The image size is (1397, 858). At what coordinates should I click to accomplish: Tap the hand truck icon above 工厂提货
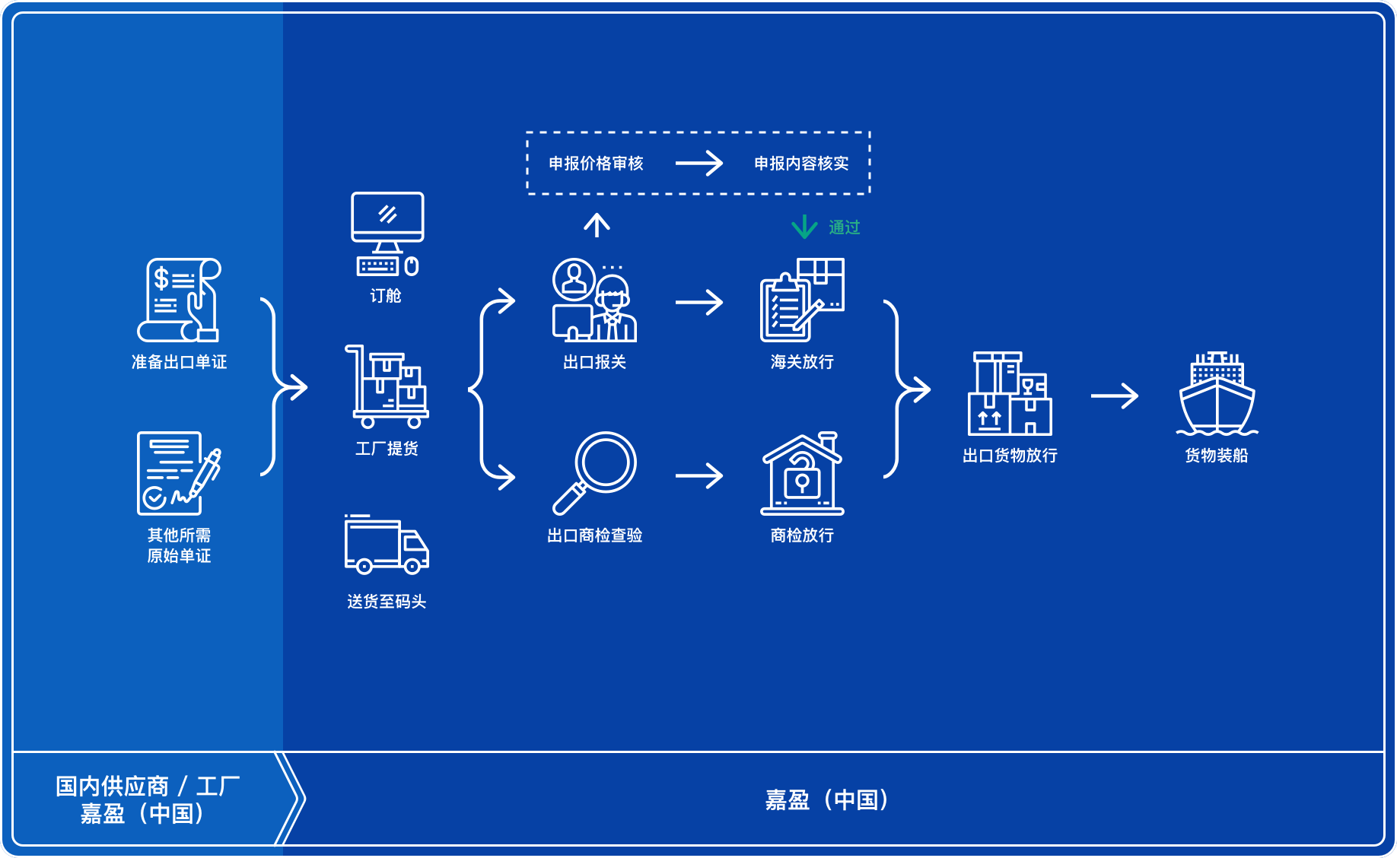(x=387, y=386)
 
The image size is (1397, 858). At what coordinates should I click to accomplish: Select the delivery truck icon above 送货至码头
(x=387, y=545)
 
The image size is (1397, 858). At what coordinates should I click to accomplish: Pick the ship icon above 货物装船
(x=1217, y=394)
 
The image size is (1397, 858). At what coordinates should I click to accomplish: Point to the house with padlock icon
(x=803, y=474)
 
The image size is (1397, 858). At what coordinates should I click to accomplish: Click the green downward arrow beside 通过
(x=804, y=227)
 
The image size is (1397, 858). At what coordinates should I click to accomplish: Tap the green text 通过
(x=845, y=227)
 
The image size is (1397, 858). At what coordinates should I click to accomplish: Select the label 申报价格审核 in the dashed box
(x=596, y=164)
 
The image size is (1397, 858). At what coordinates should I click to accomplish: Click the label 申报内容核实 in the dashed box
(x=801, y=164)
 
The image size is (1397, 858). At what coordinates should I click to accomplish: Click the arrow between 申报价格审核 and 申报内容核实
(x=698, y=163)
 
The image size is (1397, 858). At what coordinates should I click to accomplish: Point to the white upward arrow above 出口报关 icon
(x=597, y=225)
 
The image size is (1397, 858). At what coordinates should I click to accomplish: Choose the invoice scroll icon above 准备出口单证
(x=180, y=300)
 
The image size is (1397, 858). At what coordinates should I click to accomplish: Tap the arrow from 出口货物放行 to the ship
(x=1114, y=396)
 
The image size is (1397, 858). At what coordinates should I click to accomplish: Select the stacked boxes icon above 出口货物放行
(x=1010, y=394)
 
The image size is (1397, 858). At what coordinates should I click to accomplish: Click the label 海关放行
(x=802, y=362)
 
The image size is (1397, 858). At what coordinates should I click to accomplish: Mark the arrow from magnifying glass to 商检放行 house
(x=698, y=476)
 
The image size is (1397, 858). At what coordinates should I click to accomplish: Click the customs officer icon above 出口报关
(x=595, y=300)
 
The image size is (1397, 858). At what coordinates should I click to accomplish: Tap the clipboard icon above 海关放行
(x=802, y=300)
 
